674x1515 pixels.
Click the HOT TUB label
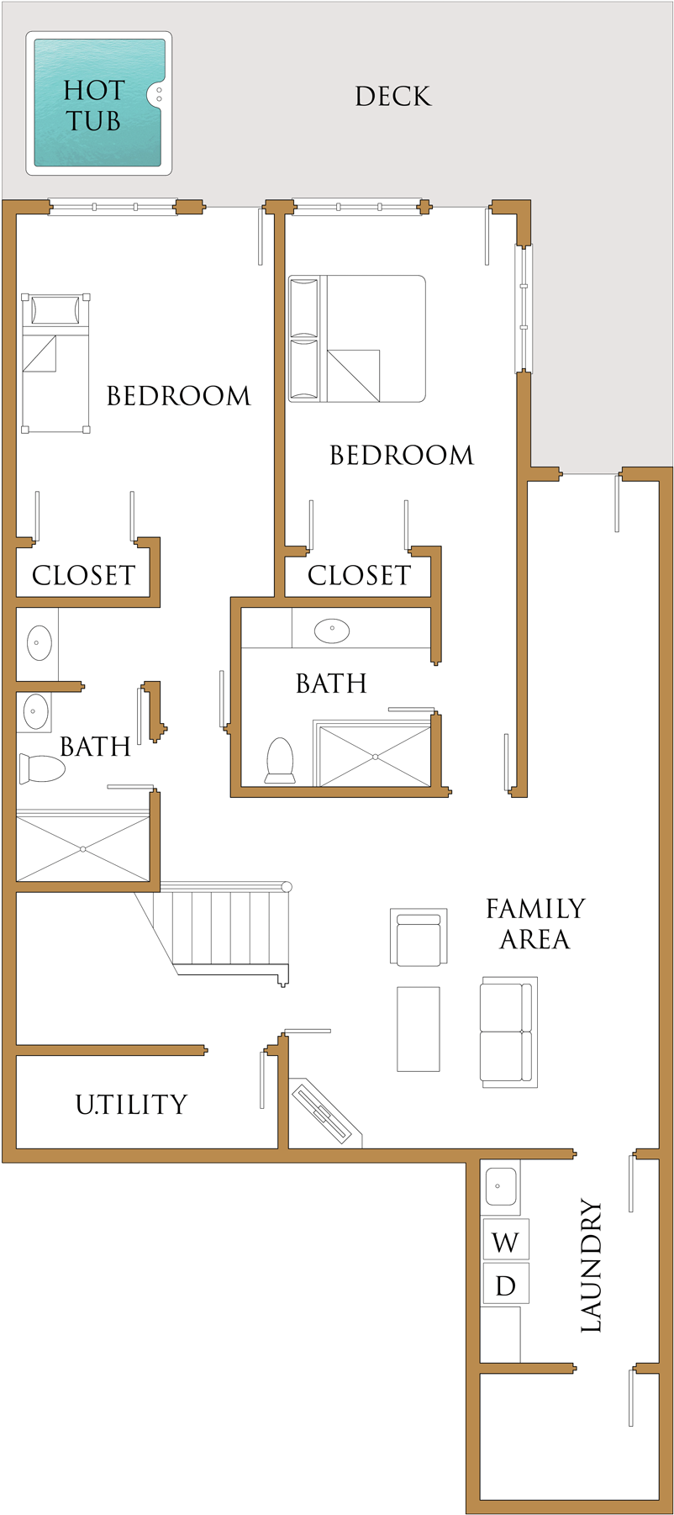(x=94, y=106)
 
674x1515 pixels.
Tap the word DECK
(x=392, y=97)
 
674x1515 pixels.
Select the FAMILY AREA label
(x=535, y=923)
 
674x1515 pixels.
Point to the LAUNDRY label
(x=592, y=1265)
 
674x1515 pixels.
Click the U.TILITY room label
(x=132, y=1104)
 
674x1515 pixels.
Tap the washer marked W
(x=506, y=1242)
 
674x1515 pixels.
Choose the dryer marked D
(x=506, y=1285)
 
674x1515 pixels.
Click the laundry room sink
(x=499, y=1186)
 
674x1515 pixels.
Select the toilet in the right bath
(x=279, y=760)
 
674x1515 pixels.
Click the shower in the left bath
(x=83, y=848)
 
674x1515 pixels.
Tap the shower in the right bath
(x=375, y=757)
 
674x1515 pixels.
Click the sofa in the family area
(x=508, y=1032)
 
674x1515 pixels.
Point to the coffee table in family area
(x=418, y=1029)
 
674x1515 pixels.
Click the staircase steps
(x=227, y=928)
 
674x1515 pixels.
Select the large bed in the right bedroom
(x=357, y=339)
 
